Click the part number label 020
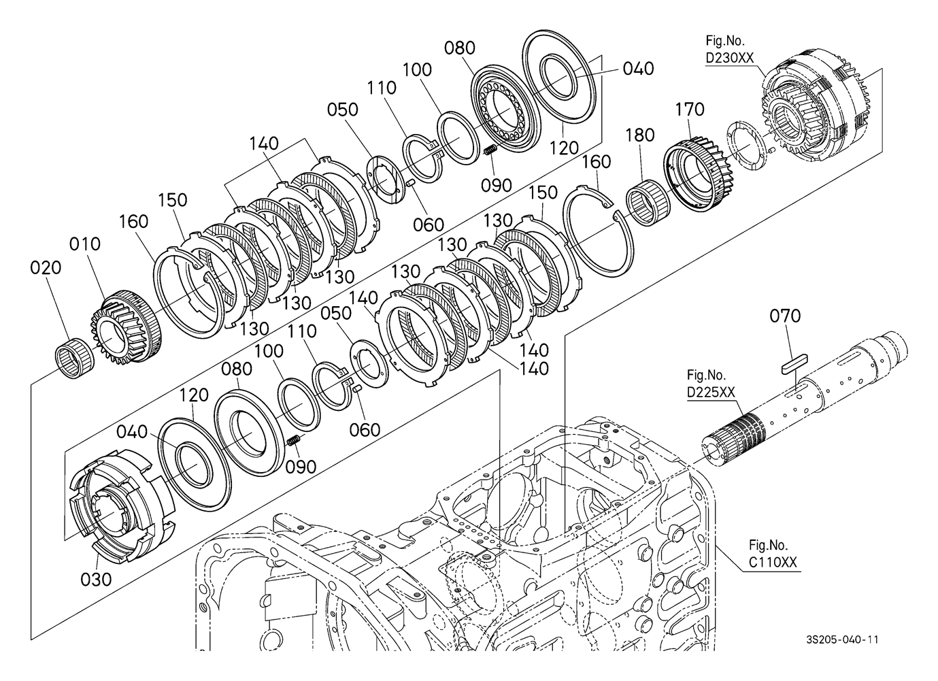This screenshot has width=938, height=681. click(x=46, y=267)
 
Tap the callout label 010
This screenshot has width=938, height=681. click(x=85, y=244)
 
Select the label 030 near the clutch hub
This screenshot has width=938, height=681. click(x=96, y=580)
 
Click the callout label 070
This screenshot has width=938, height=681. click(x=785, y=316)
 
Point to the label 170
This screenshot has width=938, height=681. click(x=690, y=110)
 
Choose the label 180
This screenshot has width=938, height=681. click(x=640, y=135)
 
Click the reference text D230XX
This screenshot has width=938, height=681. click(x=729, y=58)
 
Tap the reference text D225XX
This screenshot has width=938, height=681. click(x=711, y=392)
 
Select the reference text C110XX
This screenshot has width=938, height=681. click(x=773, y=563)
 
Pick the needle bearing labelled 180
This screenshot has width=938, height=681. click(x=648, y=199)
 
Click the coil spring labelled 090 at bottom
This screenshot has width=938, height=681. click(x=295, y=441)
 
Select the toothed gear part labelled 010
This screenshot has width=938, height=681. click(x=124, y=327)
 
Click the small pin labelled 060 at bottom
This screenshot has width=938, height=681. click(x=357, y=388)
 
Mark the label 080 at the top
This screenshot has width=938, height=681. click(x=459, y=48)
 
